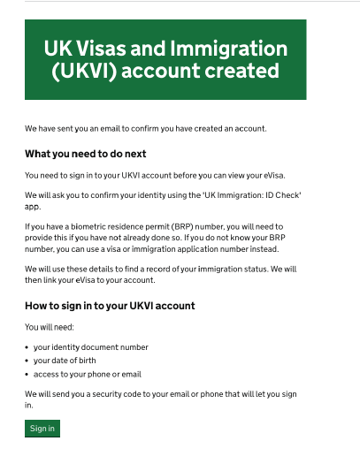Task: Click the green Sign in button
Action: pos(42,429)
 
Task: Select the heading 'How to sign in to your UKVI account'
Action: pos(110,306)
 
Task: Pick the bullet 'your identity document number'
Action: pos(90,347)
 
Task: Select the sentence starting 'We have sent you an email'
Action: pos(146,129)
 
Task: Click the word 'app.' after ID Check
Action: pos(33,206)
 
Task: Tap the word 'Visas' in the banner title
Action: pos(103,48)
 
